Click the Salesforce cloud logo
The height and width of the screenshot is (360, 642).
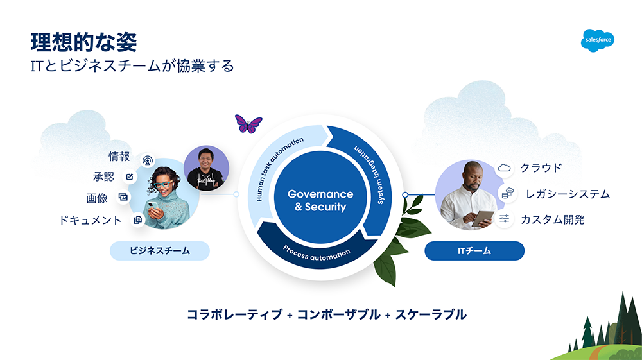[x=597, y=40]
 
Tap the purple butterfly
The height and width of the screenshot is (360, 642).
[x=248, y=124]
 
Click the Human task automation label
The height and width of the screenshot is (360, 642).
[x=279, y=168]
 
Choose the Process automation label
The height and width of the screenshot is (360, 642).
[x=317, y=253]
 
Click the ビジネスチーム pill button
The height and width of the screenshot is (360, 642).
[x=160, y=251]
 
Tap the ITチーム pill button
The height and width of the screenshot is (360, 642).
[x=474, y=251]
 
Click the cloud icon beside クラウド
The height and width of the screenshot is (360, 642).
[x=505, y=167]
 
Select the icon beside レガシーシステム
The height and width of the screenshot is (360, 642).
[x=508, y=193]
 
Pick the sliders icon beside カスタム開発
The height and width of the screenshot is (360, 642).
[x=505, y=219]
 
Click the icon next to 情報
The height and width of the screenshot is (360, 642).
[x=148, y=160]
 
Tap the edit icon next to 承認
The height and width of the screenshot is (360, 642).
[x=130, y=176]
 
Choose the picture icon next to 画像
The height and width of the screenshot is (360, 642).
[x=123, y=197]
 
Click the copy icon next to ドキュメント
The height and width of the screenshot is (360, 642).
[x=137, y=219]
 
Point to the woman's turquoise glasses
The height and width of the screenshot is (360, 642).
[x=163, y=184]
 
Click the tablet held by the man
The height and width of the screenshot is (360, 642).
[x=483, y=218]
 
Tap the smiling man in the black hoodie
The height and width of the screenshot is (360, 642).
[x=206, y=168]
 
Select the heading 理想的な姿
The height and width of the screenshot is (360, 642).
[x=84, y=42]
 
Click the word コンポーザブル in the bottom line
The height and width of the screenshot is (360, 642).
[x=338, y=314]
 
